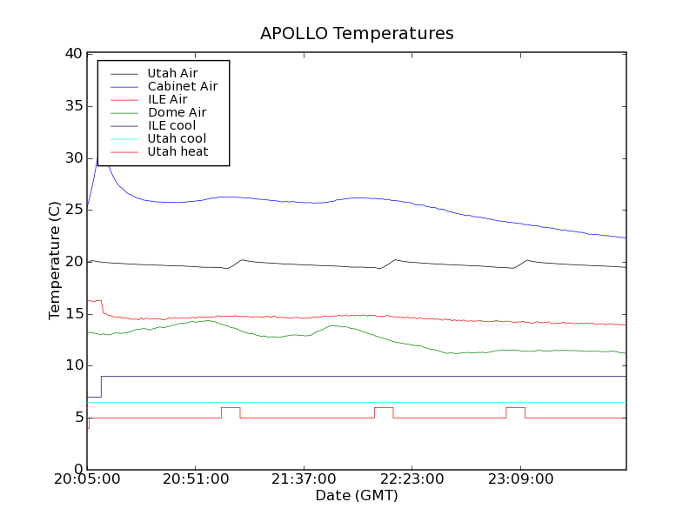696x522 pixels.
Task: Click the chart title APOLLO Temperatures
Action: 357,34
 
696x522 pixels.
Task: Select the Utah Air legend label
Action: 172,73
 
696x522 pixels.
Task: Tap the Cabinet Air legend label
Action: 182,86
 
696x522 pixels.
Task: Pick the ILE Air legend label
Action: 167,99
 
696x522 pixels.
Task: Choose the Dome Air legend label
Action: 177,112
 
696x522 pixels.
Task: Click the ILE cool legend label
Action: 171,125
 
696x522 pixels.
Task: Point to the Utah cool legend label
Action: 177,138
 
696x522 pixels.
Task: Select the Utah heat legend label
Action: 177,151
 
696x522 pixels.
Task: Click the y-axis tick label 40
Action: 73,54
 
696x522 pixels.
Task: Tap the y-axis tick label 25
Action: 73,210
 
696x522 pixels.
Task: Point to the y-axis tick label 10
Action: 73,365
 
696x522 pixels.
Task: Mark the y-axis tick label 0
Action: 77,469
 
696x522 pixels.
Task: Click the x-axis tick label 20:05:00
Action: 87,479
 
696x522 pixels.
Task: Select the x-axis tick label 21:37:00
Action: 303,479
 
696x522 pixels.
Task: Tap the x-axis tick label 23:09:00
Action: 519,479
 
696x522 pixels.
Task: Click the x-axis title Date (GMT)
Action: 357,496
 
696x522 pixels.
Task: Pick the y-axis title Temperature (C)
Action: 54,260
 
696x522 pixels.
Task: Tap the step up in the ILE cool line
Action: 101,386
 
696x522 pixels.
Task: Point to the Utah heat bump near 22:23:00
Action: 384,407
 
